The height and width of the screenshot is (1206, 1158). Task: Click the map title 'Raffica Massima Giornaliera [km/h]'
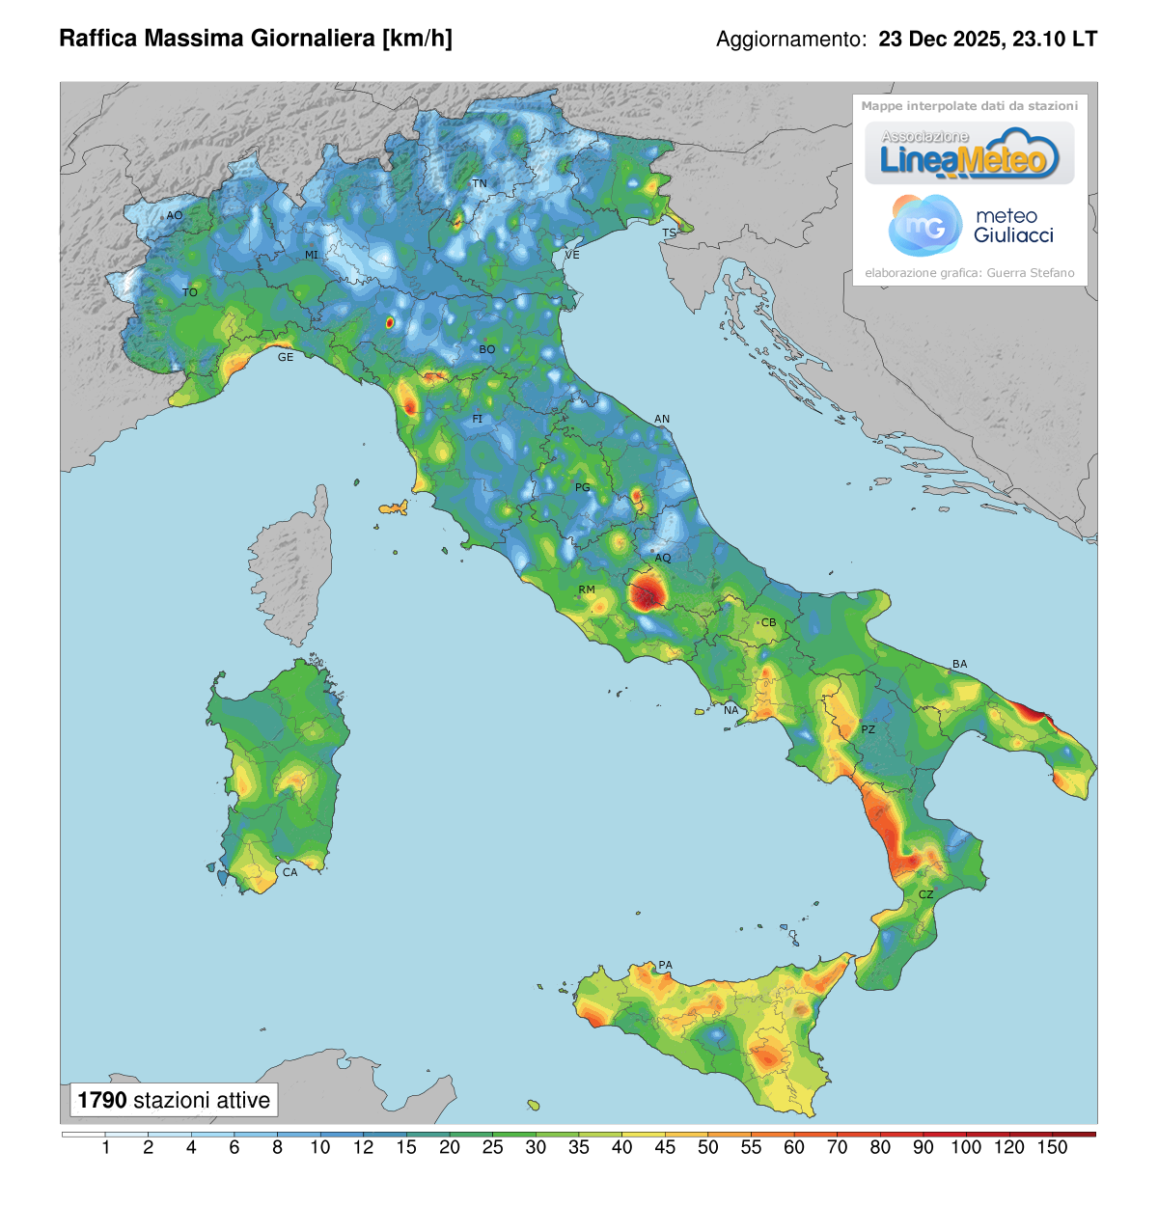coord(256,39)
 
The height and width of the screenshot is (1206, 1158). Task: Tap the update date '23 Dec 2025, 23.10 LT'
coord(987,40)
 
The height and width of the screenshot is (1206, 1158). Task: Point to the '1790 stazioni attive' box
coord(174,1100)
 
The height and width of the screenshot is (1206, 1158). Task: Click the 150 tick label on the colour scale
coord(1052,1147)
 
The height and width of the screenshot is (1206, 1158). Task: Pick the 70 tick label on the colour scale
coord(837,1147)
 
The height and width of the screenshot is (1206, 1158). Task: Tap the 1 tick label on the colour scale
coord(105,1147)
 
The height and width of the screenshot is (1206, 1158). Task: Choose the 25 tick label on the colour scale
coord(492,1147)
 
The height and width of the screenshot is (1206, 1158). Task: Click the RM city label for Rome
coord(587,589)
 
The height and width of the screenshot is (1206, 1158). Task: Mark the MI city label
coord(312,256)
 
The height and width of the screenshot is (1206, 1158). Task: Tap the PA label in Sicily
coord(665,965)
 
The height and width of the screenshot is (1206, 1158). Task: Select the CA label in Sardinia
coord(289,872)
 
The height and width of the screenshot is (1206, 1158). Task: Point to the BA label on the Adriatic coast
coord(959,664)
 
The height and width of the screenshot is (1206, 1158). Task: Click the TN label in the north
coord(480,183)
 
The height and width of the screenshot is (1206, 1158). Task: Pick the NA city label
coord(731,710)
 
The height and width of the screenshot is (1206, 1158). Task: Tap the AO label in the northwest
coord(175,215)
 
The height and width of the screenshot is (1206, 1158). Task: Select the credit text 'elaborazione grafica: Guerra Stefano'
coord(969,273)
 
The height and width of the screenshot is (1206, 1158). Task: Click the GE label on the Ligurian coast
coord(286,357)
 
